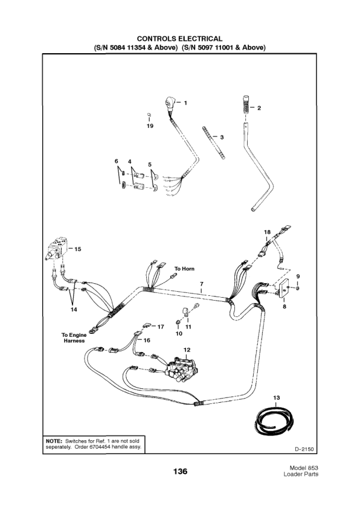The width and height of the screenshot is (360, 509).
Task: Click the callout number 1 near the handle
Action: (x=185, y=103)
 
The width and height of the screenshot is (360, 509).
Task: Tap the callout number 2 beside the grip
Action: (x=259, y=109)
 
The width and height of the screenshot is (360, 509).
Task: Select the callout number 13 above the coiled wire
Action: (x=277, y=397)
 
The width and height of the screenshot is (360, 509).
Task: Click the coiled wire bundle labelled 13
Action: (x=272, y=422)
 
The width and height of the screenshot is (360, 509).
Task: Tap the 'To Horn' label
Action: (x=185, y=268)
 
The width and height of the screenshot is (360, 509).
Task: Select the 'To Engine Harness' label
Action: (x=72, y=338)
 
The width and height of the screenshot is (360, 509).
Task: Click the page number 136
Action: (x=179, y=471)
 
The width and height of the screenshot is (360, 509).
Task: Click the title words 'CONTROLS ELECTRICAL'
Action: (x=180, y=39)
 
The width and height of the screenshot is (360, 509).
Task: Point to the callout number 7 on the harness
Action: (x=201, y=283)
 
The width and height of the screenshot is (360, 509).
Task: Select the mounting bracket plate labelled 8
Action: (x=281, y=289)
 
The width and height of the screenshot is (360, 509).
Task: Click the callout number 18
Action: (x=267, y=232)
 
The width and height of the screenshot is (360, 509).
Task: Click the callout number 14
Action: (x=74, y=310)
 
